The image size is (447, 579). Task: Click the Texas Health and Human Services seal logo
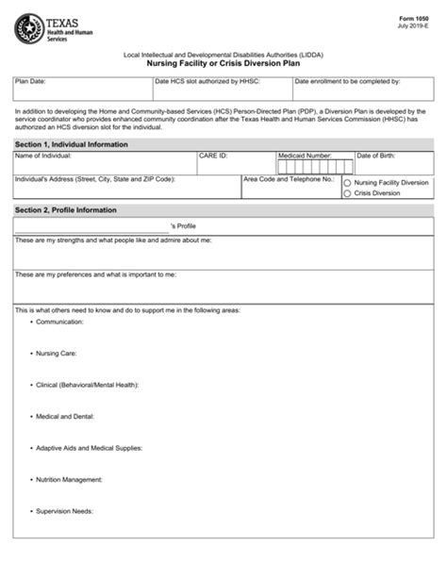point(28,28)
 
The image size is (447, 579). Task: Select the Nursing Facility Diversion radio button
point(348,183)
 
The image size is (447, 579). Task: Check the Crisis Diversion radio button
point(348,193)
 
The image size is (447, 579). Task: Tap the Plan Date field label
point(31,82)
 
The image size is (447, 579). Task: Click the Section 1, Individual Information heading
point(72,144)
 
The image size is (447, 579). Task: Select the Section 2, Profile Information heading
point(66,209)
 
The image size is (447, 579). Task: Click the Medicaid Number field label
point(305,156)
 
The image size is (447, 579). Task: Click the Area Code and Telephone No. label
point(289,178)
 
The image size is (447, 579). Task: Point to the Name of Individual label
point(43,156)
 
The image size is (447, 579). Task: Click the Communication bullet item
point(59,322)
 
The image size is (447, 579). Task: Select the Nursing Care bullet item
point(57,354)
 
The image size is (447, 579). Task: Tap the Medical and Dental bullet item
point(64,416)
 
